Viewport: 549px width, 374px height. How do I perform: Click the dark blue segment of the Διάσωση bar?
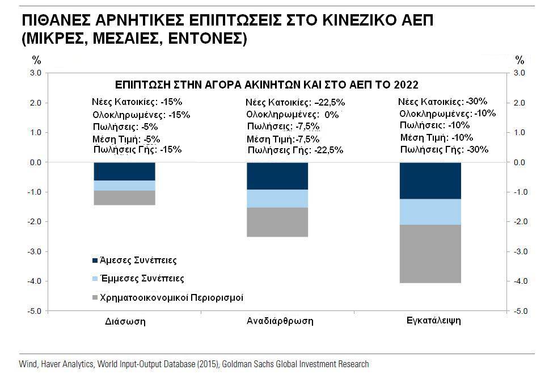point(124,171)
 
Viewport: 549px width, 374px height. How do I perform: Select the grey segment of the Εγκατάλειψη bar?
point(430,254)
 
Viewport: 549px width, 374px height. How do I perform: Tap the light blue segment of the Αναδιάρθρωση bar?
point(277,198)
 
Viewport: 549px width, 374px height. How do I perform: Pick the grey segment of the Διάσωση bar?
point(124,197)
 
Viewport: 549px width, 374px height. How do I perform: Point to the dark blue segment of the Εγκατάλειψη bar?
point(430,180)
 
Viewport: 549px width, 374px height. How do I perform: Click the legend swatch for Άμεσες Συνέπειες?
point(95,261)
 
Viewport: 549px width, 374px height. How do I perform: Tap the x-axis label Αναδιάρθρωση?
point(280,321)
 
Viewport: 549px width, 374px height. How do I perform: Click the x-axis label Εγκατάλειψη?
point(433,321)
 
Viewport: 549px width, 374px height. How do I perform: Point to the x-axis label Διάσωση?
point(125,322)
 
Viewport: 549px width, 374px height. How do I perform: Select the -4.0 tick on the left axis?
point(35,281)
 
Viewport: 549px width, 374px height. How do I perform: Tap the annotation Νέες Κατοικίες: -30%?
point(442,102)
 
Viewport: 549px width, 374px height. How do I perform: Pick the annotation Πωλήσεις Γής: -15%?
point(138,150)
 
